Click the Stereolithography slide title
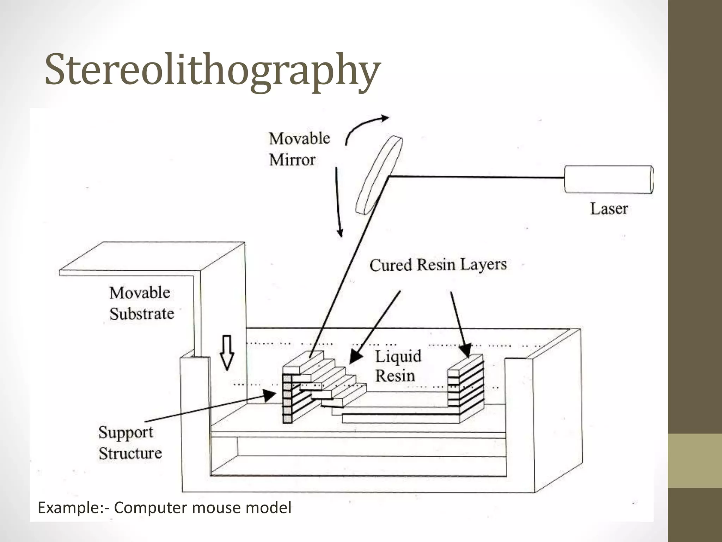[213, 70]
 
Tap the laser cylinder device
[608, 179]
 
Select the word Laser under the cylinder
[609, 209]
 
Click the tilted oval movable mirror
[379, 176]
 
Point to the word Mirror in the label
[292, 160]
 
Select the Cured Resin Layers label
[438, 265]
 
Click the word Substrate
[142, 314]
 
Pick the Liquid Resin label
[398, 366]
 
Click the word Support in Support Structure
[126, 433]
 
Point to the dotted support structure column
[288, 399]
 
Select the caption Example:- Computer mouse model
[164, 508]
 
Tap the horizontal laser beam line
[476, 177]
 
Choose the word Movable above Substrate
[140, 293]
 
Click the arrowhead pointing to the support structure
[270, 396]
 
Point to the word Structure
[130, 453]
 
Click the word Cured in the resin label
[391, 265]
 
